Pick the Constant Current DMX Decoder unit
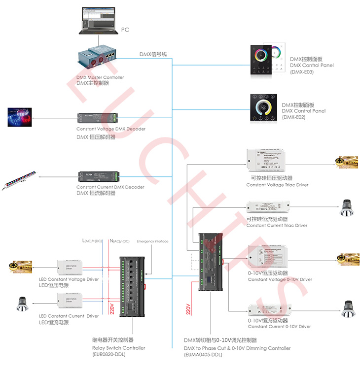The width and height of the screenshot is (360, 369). [98, 176]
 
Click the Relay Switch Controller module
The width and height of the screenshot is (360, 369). [133, 285]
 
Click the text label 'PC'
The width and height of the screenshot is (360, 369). [125, 30]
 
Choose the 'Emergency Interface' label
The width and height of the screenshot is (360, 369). [152, 241]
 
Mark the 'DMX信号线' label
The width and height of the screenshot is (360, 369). [153, 54]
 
